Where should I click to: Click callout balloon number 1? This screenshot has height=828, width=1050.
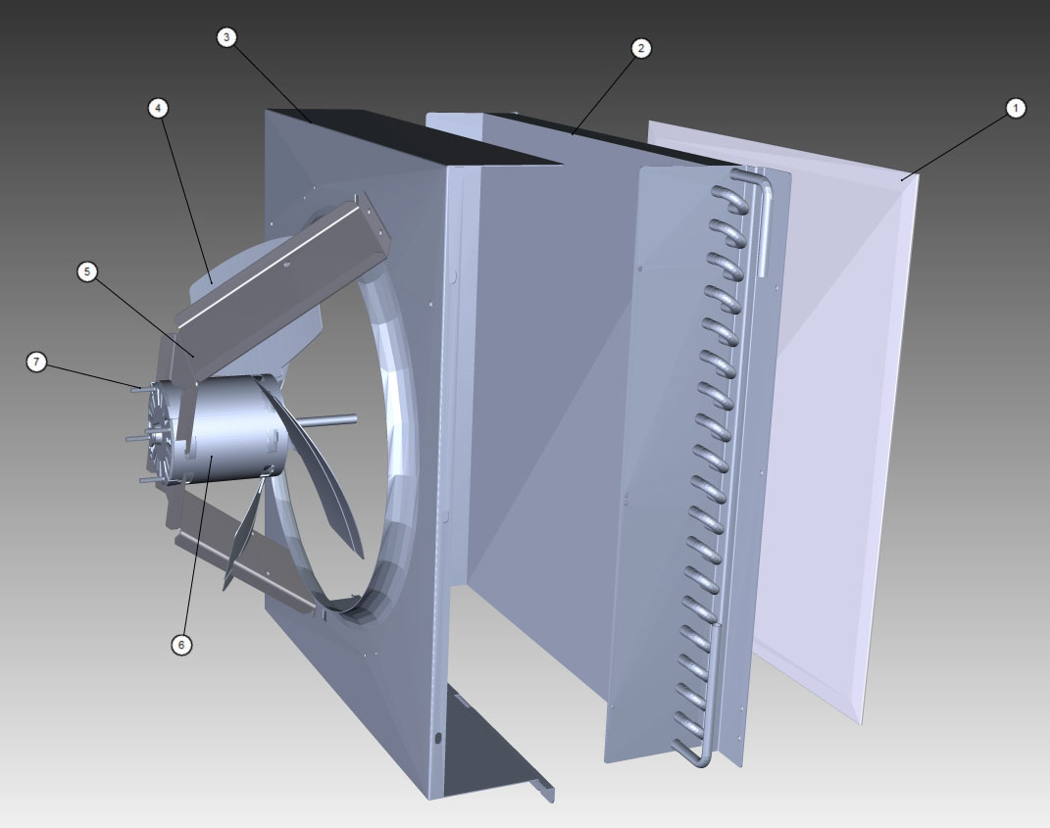1016,108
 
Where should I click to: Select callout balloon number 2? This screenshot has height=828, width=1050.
641,48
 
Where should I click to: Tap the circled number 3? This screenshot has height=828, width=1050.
226,37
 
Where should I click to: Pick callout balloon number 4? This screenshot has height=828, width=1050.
158,108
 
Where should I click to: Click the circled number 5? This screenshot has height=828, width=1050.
87,271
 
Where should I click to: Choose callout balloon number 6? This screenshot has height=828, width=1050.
180,645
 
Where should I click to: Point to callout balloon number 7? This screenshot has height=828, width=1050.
36,363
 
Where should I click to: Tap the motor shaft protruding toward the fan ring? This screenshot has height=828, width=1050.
329,420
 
